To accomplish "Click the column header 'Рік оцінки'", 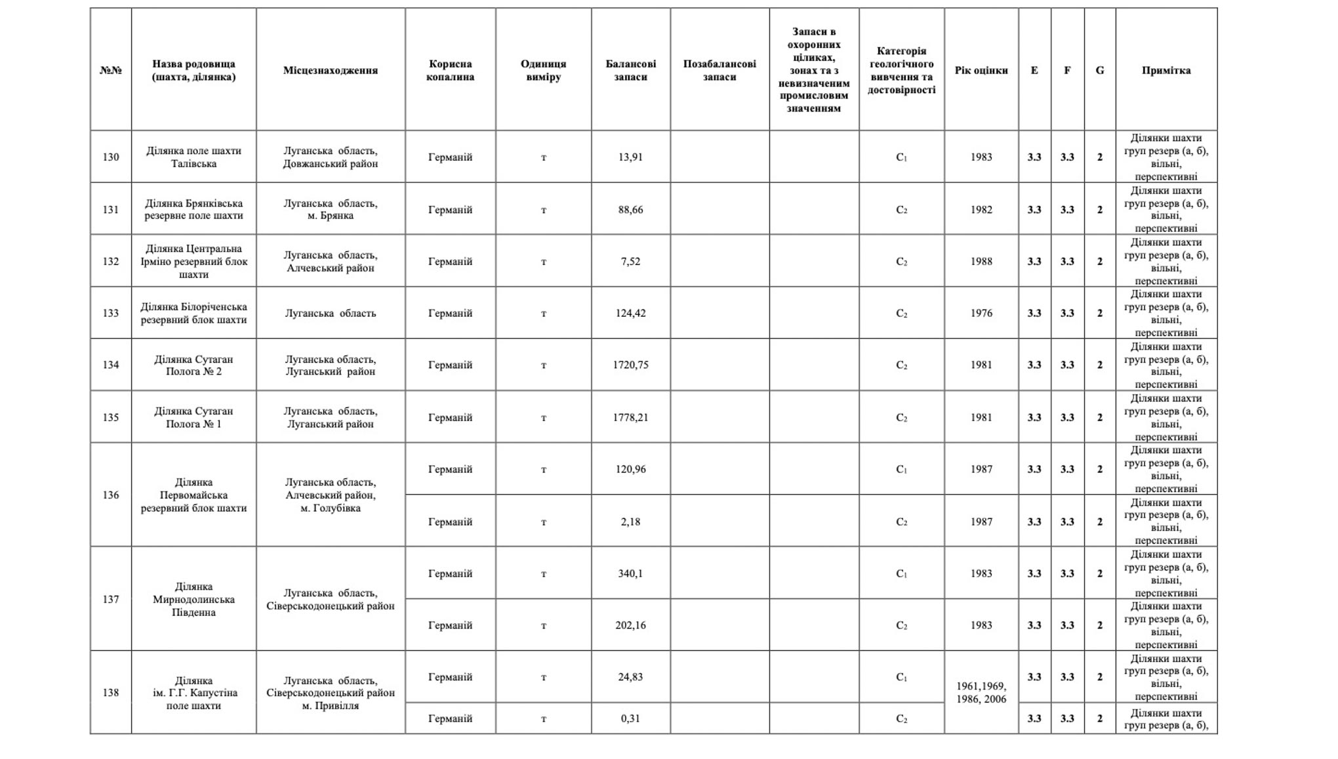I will click(981, 70).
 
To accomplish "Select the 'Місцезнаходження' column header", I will click(330, 70).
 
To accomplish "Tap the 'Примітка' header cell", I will click(1166, 70).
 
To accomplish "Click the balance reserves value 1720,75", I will click(630, 365).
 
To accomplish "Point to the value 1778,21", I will click(630, 417).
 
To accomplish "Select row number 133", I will click(110, 313).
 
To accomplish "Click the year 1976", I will click(981, 313).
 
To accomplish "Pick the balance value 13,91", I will click(630, 157).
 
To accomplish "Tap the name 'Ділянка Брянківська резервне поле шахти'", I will click(193, 209).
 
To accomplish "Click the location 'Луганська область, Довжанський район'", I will click(330, 157).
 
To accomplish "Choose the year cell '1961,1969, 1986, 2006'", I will click(981, 692).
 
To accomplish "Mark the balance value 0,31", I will click(630, 718).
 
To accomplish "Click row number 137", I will click(110, 599).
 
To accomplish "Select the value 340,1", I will click(630, 573).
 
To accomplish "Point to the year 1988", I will click(981, 261).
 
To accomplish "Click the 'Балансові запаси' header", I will click(630, 70).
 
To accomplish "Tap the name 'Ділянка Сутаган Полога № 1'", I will click(193, 417).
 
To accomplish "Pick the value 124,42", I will click(630, 313).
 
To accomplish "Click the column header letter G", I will click(1099, 70).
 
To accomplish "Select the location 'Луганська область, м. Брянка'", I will click(330, 209).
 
